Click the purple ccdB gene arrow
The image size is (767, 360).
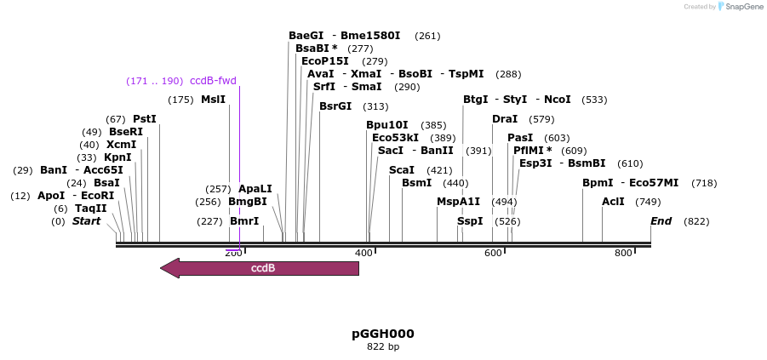click(x=260, y=268)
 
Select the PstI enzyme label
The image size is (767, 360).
click(x=145, y=119)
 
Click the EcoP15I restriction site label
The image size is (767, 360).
click(x=325, y=61)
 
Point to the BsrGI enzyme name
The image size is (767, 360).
click(x=335, y=106)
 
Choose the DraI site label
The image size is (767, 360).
click(x=505, y=119)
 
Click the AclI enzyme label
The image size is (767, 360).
click(x=613, y=202)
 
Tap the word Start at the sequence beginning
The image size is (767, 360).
click(x=86, y=221)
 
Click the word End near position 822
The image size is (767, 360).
click(x=661, y=221)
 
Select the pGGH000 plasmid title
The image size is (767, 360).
click(x=383, y=334)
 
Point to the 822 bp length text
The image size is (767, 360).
click(x=383, y=347)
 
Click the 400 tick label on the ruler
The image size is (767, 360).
click(x=363, y=254)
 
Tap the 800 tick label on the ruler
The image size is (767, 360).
click(x=623, y=254)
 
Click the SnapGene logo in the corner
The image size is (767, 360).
click(x=739, y=7)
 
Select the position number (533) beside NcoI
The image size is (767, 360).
click(x=594, y=100)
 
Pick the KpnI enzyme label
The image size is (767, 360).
click(x=117, y=157)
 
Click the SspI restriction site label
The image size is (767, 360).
click(x=470, y=221)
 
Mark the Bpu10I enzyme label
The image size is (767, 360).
click(x=387, y=125)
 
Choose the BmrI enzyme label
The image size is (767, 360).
click(x=244, y=221)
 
